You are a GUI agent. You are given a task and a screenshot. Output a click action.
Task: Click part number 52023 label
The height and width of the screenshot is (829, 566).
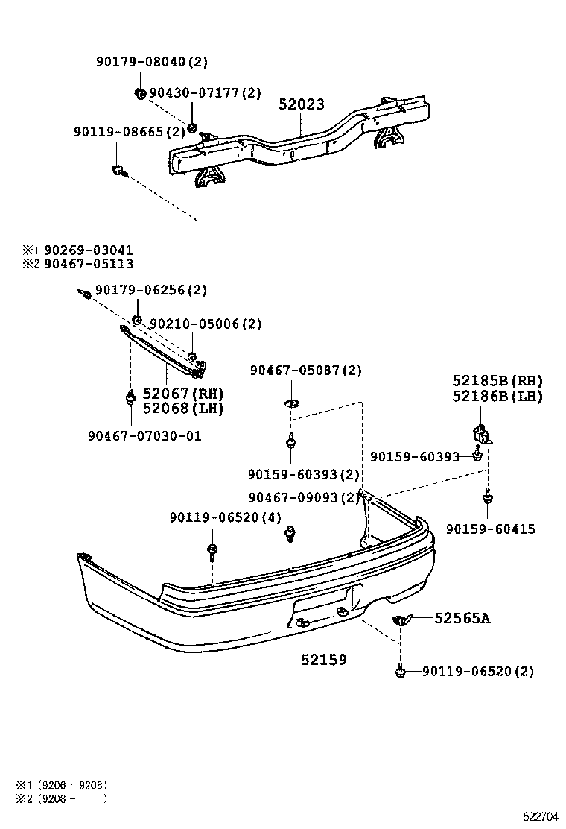pos(302,105)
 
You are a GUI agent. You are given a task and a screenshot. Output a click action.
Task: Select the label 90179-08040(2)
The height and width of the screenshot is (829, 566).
pos(152,63)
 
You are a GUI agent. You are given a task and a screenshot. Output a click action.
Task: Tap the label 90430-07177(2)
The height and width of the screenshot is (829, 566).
pos(206,93)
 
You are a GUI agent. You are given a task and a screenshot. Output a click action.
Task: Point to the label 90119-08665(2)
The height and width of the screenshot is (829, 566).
pos(129,132)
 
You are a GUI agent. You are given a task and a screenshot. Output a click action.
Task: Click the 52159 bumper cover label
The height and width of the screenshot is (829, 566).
pos(324,660)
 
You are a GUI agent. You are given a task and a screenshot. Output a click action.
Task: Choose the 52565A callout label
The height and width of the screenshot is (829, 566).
pos(462,617)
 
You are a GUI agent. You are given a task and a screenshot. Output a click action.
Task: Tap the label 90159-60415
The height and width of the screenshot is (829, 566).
pos(490,529)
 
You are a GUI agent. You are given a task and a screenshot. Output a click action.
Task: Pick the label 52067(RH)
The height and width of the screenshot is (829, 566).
pos(183,394)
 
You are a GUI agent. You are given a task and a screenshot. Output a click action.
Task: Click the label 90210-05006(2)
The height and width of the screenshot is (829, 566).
pos(206,324)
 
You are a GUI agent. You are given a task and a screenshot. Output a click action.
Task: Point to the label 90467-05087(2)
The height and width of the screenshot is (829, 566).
pos(305,371)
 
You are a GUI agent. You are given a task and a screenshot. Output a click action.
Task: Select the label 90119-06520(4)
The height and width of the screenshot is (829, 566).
pos(225,517)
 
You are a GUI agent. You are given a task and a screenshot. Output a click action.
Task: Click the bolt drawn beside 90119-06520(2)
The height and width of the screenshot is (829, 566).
pos(401,672)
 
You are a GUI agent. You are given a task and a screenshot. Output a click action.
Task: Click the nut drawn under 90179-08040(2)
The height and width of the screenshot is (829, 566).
pos(139,93)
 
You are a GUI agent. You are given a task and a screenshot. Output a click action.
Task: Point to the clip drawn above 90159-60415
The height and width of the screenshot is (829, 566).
pos(487,495)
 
